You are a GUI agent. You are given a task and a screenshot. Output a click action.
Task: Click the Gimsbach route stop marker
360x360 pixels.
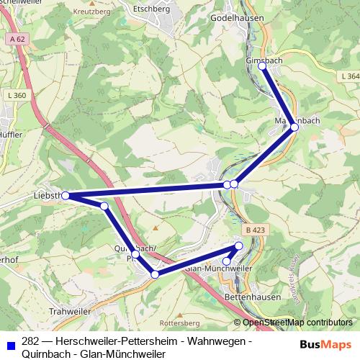click(262, 66)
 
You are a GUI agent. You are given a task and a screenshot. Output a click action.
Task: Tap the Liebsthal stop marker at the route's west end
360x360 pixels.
click(66, 195)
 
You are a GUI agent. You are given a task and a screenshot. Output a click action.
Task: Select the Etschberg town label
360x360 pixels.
click(151, 9)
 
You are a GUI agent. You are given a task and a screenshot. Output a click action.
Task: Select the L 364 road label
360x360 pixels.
click(351, 76)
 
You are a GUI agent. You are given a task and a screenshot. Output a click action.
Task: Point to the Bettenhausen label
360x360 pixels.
click(237, 295)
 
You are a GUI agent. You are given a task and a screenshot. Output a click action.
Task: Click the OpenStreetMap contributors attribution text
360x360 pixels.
click(297, 323)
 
